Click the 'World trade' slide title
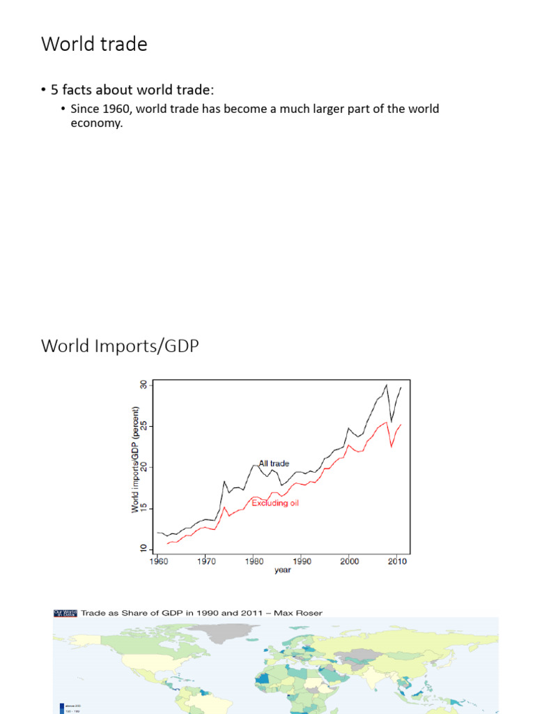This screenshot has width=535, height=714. [x=94, y=44]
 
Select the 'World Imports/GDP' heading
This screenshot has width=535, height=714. [x=120, y=346]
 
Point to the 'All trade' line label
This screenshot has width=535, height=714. [x=274, y=463]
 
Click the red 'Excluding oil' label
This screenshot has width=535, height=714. [x=275, y=503]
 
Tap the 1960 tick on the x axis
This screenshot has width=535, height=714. [x=157, y=560]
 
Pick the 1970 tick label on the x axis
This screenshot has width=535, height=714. [x=206, y=560]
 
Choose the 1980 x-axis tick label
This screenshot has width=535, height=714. [x=254, y=560]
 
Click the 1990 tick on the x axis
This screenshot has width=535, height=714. [x=302, y=560]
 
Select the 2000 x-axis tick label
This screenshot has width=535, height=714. [x=350, y=560]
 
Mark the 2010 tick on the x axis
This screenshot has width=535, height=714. [x=398, y=560]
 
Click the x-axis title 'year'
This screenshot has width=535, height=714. [x=282, y=570]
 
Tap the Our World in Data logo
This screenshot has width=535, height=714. [x=65, y=613]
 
